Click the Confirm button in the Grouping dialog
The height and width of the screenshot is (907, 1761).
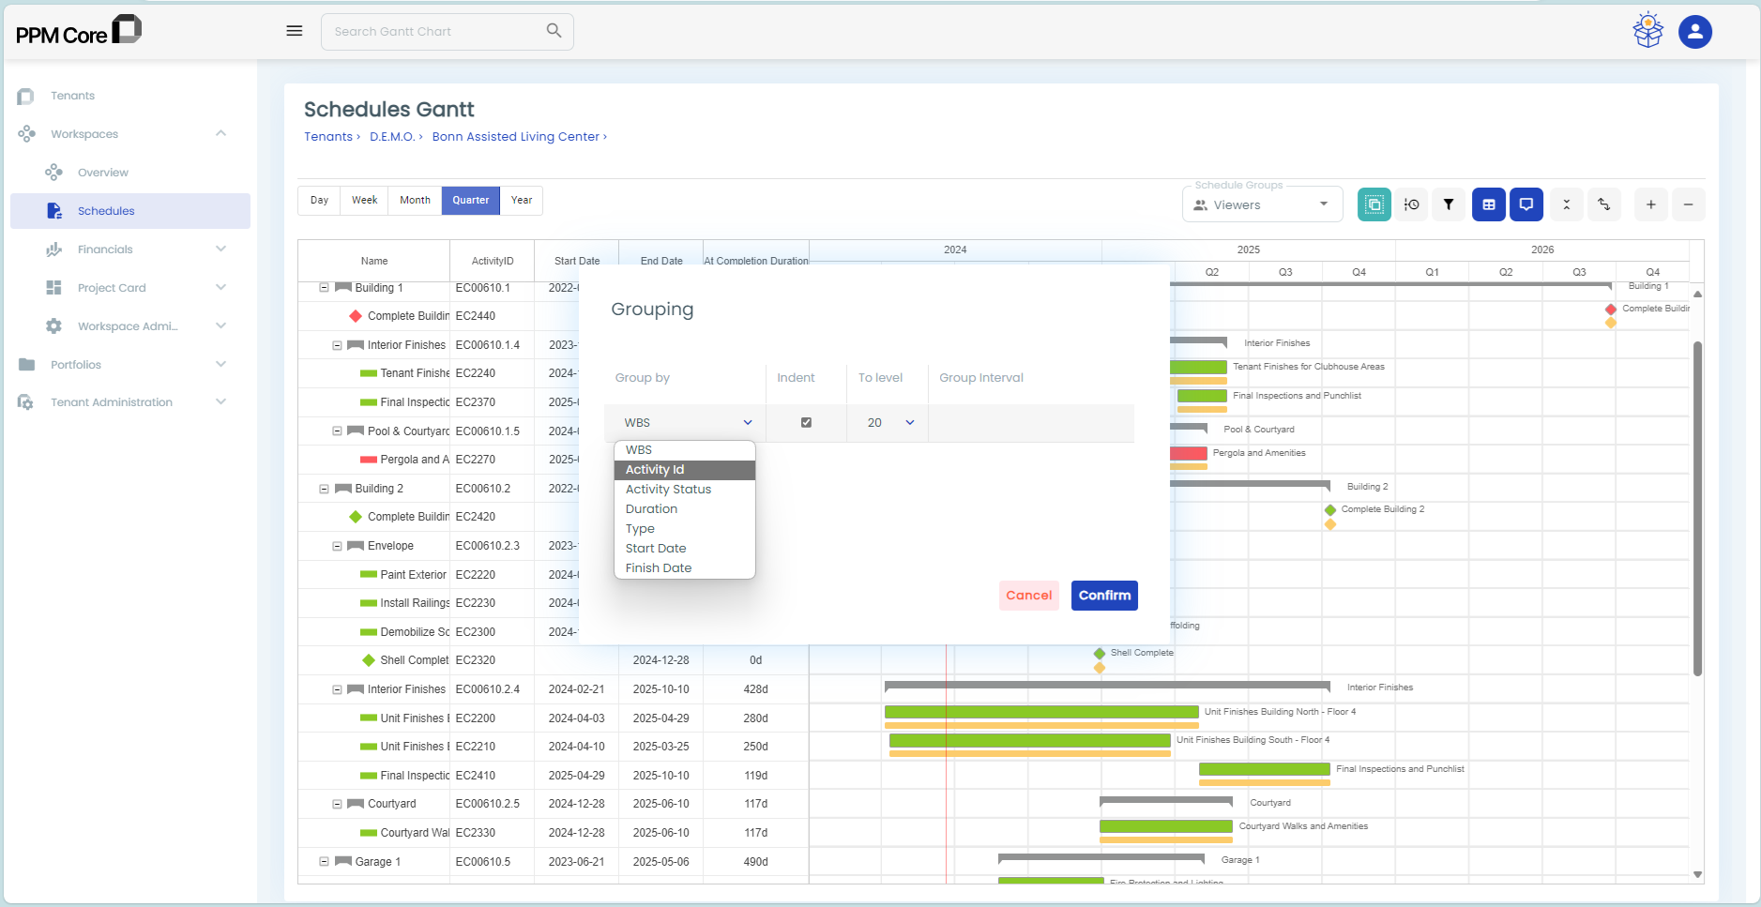(x=1104, y=596)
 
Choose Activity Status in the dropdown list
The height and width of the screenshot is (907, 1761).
(x=668, y=490)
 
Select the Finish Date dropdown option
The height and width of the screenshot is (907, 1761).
(x=658, y=568)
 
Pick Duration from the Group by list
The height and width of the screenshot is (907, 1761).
(x=651, y=509)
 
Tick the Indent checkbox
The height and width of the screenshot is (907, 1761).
(x=806, y=423)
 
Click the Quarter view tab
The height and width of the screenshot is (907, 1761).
(x=470, y=201)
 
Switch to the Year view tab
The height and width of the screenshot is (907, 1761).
(x=522, y=201)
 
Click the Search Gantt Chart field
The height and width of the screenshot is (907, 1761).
(x=436, y=32)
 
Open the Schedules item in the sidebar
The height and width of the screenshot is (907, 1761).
(x=106, y=211)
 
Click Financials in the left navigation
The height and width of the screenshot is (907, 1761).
(x=105, y=249)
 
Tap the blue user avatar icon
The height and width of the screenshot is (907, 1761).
(x=1694, y=32)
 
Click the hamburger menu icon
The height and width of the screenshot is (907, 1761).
(x=295, y=31)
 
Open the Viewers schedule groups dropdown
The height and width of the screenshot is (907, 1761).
(x=1262, y=205)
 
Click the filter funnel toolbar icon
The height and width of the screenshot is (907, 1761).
(x=1449, y=204)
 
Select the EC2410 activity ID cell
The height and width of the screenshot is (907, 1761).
(x=476, y=776)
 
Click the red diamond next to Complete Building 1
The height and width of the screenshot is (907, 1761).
(x=356, y=316)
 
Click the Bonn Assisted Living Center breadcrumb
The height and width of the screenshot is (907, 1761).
(x=515, y=137)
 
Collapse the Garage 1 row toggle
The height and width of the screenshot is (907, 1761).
(x=324, y=862)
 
